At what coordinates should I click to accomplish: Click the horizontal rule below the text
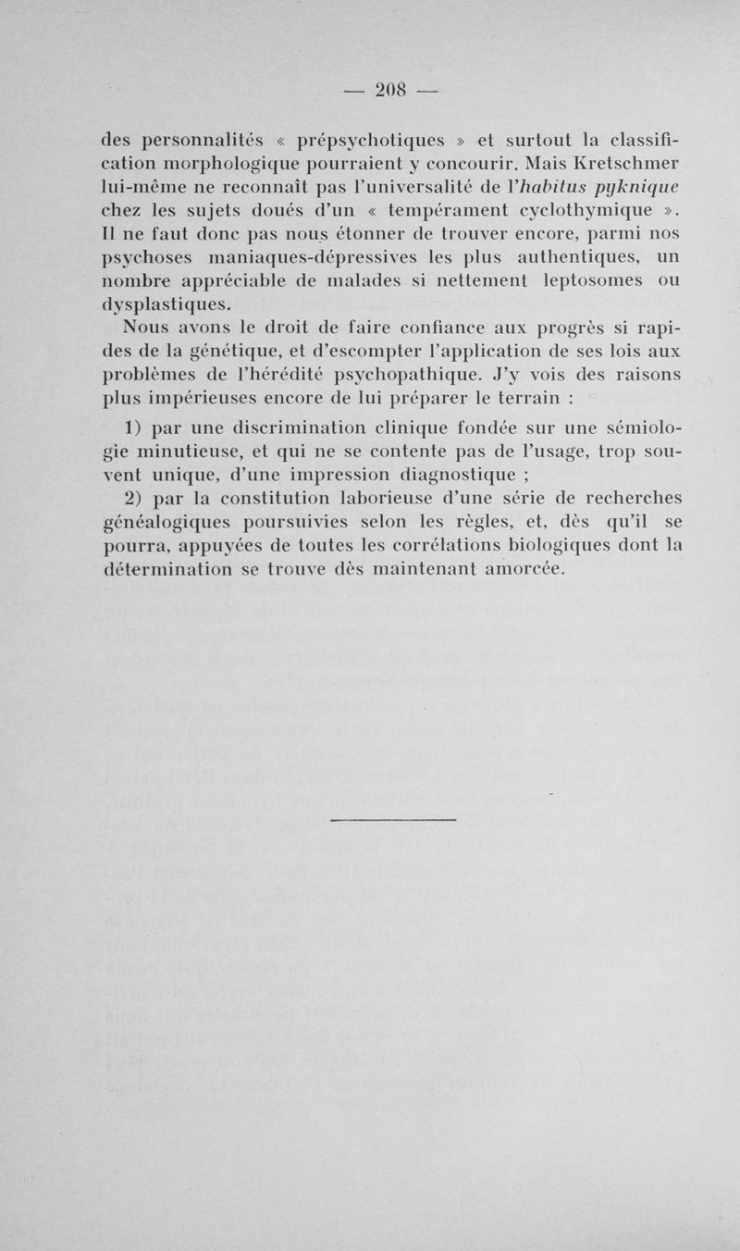(393, 819)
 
